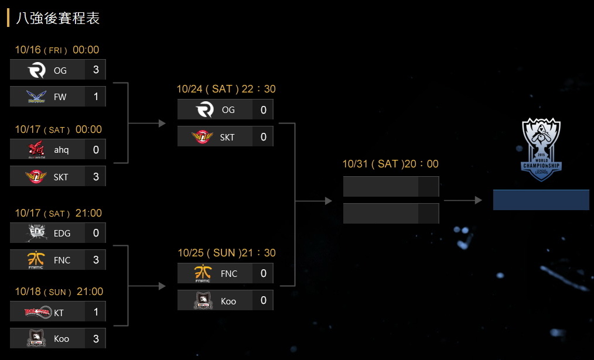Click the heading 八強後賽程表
[x=58, y=18]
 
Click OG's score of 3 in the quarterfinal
[x=96, y=70]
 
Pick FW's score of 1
[x=96, y=97]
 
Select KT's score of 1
[x=96, y=313]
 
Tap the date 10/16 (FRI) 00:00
[x=57, y=50]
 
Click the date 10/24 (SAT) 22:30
[x=226, y=90]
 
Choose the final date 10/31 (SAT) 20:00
[x=390, y=164]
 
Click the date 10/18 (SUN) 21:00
[x=59, y=292]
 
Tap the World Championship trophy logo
[x=541, y=149]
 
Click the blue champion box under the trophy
[x=541, y=200]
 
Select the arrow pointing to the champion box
[x=463, y=201]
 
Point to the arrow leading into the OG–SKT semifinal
[x=146, y=124]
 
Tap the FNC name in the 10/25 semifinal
[x=229, y=274]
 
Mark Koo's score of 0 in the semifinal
[x=264, y=301]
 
